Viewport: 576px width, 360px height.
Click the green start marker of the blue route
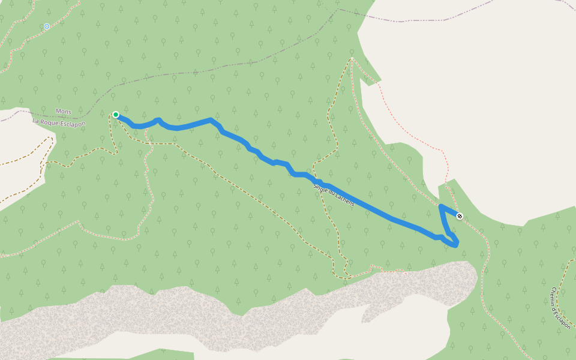point(116,115)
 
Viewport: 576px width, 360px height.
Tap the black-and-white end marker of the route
point(460,216)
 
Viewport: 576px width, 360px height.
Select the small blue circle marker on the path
point(47,26)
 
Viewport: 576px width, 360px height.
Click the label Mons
point(63,111)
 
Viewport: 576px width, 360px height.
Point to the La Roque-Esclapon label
point(59,123)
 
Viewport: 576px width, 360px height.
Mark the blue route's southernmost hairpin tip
point(456,245)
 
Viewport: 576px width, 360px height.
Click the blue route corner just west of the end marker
point(442,207)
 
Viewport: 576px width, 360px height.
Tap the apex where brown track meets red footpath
point(352,58)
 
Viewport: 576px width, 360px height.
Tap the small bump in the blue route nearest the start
point(158,119)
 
